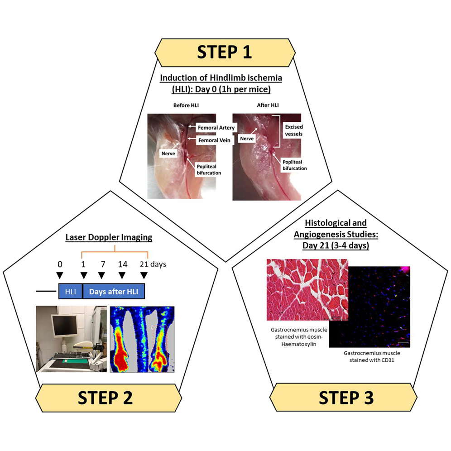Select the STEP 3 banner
pyautogui.click(x=346, y=397)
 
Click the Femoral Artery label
pyautogui.click(x=216, y=128)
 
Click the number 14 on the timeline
pyautogui.click(x=122, y=264)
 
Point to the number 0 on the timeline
pyautogui.click(x=60, y=264)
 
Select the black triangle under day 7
pyautogui.click(x=101, y=275)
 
